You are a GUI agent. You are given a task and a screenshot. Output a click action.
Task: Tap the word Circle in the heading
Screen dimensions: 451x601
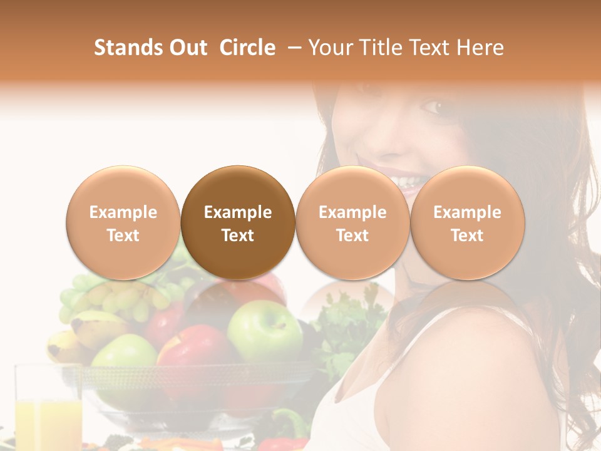coord(247,48)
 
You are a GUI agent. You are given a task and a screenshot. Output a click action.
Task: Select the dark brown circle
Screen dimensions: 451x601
coord(238,222)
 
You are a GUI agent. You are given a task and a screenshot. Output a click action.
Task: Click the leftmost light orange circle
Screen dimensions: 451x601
coord(123,222)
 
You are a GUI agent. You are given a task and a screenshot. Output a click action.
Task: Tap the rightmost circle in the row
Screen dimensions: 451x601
coord(467,222)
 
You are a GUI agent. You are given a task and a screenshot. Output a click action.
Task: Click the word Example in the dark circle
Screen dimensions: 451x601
coord(238,212)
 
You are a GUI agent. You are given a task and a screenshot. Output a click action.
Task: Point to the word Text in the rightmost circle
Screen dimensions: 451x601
coord(467,236)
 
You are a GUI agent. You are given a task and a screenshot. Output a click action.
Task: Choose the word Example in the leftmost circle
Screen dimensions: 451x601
coord(123,212)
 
